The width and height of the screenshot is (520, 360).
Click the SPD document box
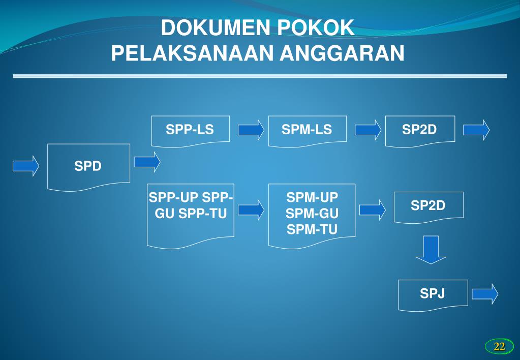click(x=88, y=167)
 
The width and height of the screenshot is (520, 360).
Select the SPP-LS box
click(x=190, y=130)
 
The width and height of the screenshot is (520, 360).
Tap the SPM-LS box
click(x=307, y=130)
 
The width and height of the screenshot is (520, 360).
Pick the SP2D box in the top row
click(x=419, y=130)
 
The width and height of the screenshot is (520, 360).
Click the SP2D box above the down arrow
click(x=428, y=206)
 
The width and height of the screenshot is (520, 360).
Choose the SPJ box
click(x=433, y=294)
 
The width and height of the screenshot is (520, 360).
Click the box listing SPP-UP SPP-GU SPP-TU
click(x=190, y=214)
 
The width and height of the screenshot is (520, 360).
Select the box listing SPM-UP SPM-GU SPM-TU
click(x=312, y=215)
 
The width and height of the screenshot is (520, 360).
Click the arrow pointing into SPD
click(x=26, y=166)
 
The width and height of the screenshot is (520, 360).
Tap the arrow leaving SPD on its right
click(x=147, y=162)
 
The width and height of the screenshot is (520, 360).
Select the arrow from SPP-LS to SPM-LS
click(x=251, y=130)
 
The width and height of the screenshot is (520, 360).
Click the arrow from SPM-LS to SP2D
click(x=368, y=130)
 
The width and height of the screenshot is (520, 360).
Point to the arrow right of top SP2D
click(x=476, y=130)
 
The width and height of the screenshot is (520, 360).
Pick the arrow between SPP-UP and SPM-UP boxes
click(x=251, y=209)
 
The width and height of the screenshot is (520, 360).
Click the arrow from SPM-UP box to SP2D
click(x=372, y=209)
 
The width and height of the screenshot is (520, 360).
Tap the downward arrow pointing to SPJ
click(x=431, y=250)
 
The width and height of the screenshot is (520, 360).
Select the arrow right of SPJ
click(x=485, y=294)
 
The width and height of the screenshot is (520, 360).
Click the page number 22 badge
click(x=499, y=347)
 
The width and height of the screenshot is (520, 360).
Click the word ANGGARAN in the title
click(x=342, y=53)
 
